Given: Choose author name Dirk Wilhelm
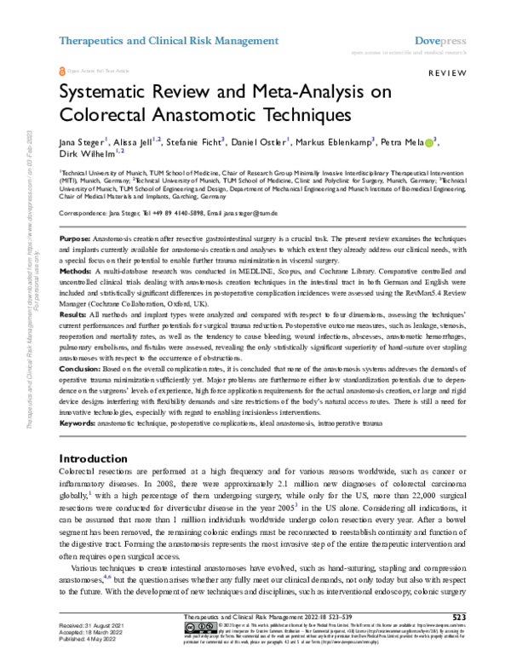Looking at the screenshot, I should [x=85, y=154].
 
